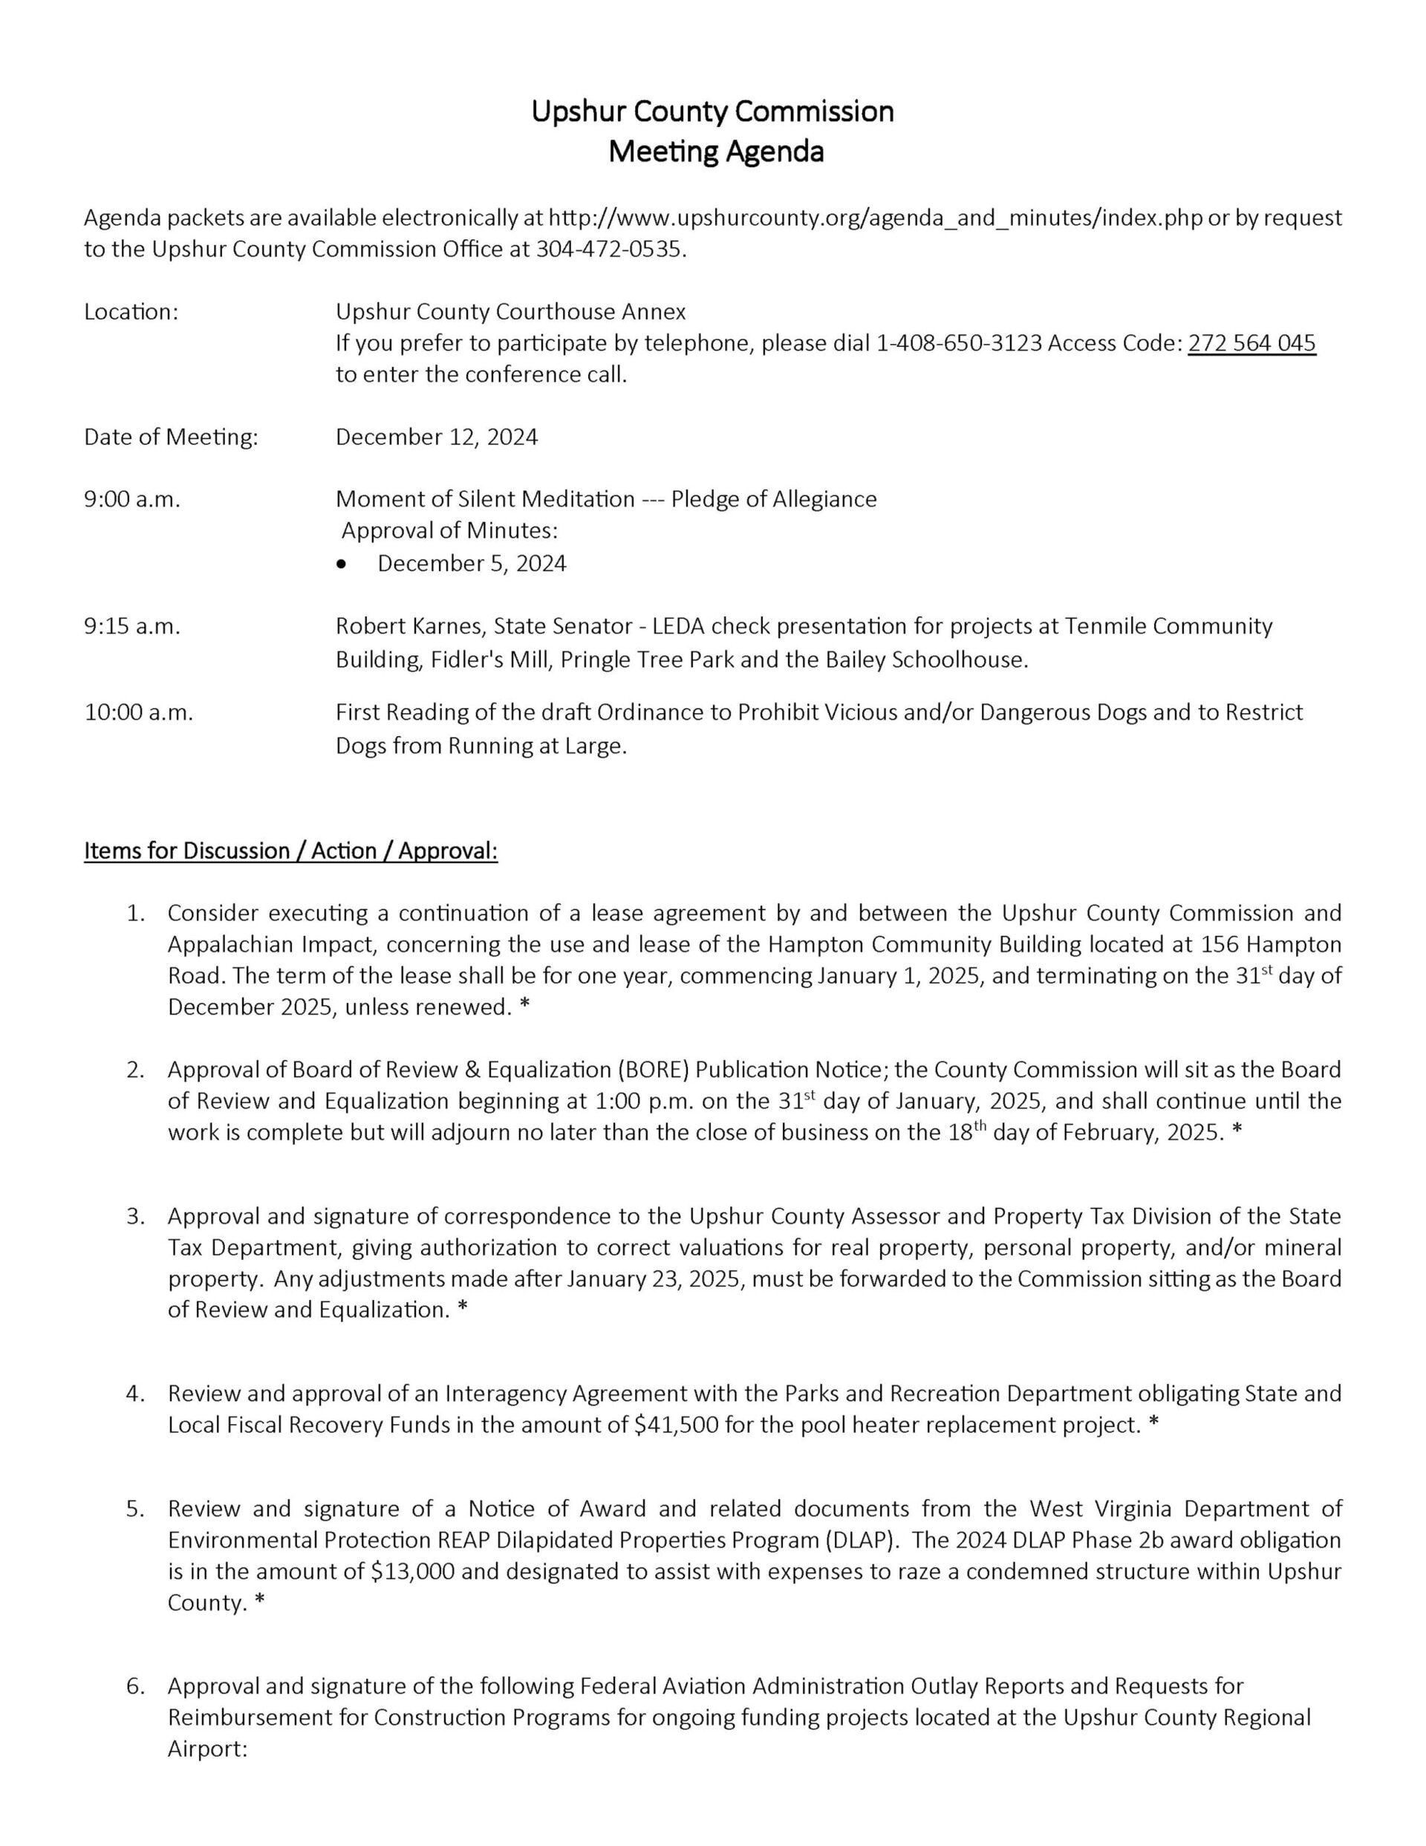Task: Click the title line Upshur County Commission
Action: tap(712, 111)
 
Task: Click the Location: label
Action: tap(131, 312)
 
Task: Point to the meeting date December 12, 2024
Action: tap(436, 437)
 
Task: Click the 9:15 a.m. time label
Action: tap(132, 626)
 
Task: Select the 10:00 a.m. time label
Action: tap(139, 712)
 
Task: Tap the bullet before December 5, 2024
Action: tap(342, 565)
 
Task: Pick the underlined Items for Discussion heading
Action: tap(291, 851)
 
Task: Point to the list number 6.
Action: tap(135, 1686)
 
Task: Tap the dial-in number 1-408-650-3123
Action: tap(960, 343)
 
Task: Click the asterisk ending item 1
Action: tap(525, 1006)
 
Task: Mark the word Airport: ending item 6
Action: tap(207, 1749)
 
